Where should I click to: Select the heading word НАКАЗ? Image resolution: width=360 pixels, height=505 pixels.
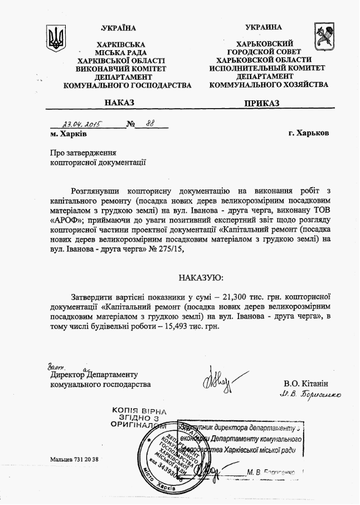[118, 103]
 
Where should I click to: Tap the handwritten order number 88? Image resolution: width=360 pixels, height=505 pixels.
[149, 124]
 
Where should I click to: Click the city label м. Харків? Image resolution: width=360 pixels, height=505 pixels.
[68, 134]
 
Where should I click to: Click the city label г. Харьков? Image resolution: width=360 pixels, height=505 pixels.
[309, 134]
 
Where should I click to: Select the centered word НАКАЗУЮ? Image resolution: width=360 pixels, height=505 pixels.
[202, 278]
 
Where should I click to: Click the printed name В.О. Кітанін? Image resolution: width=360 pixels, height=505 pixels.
[306, 384]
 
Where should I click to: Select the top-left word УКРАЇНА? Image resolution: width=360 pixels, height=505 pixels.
[119, 28]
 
